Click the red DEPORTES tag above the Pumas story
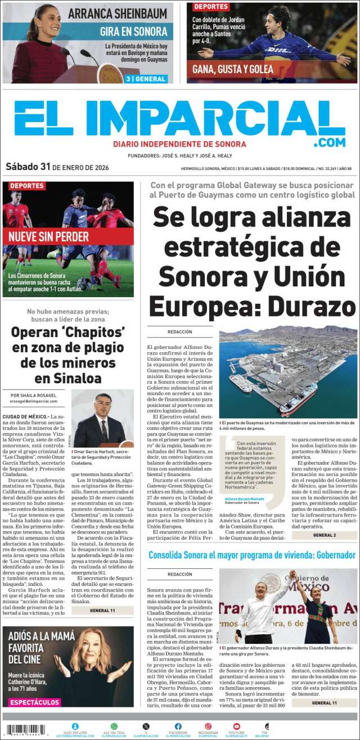tap(211, 7)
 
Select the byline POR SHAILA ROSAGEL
tap(33, 395)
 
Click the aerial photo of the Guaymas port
tap(288, 371)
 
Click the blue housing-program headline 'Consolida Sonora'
tap(251, 555)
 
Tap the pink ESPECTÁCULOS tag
tap(34, 702)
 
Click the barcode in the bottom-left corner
tap(25, 730)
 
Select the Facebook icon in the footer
tap(178, 726)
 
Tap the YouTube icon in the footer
tap(236, 726)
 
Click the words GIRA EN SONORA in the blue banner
tap(133, 32)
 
